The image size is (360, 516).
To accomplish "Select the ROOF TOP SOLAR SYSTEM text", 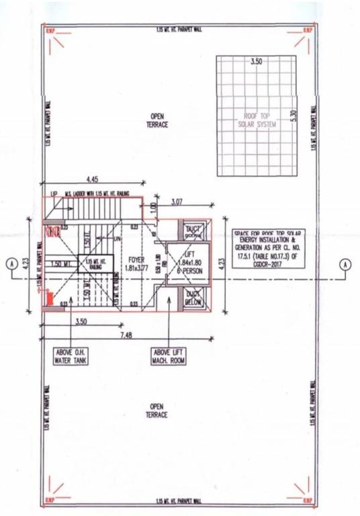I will [256, 120].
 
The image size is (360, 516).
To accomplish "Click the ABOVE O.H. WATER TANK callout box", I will [71, 355].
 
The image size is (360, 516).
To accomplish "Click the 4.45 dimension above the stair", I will [93, 178].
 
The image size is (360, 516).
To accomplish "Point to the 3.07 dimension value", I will [177, 202].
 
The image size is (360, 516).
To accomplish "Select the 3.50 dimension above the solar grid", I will [256, 62].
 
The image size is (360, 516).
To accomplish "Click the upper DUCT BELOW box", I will [194, 232].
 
